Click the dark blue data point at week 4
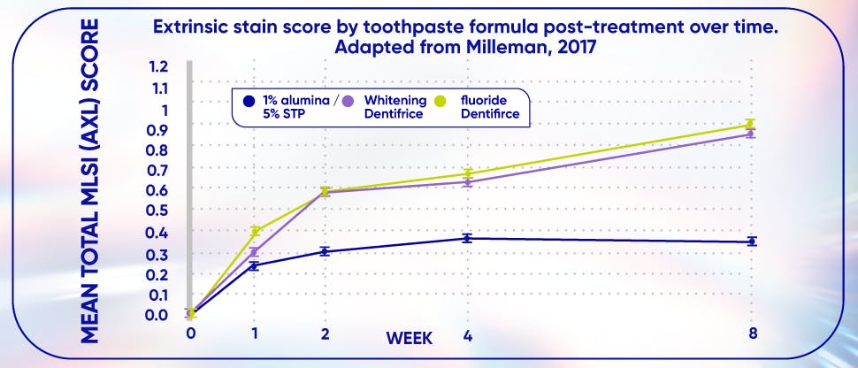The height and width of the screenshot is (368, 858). (x=466, y=238)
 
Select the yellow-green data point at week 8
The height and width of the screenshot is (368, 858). (x=750, y=125)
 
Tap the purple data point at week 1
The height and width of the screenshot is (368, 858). (x=255, y=253)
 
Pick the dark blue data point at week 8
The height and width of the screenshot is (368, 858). (x=751, y=241)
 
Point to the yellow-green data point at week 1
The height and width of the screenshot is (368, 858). (x=255, y=231)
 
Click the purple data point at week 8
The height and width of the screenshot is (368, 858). (x=750, y=134)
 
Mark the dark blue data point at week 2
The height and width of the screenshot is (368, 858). (x=325, y=251)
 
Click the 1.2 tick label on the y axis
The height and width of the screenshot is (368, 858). (x=158, y=67)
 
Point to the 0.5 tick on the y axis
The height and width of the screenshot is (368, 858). (x=158, y=211)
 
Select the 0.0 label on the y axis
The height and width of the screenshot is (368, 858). (x=158, y=315)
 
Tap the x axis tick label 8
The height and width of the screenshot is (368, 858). (x=751, y=333)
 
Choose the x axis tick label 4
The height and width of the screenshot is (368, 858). (x=466, y=334)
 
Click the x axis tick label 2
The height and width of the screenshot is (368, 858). (x=325, y=334)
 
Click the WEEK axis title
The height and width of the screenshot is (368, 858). (x=408, y=337)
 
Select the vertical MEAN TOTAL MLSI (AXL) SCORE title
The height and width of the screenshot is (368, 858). (x=88, y=177)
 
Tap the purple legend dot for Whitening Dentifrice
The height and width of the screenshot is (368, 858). (x=350, y=101)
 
